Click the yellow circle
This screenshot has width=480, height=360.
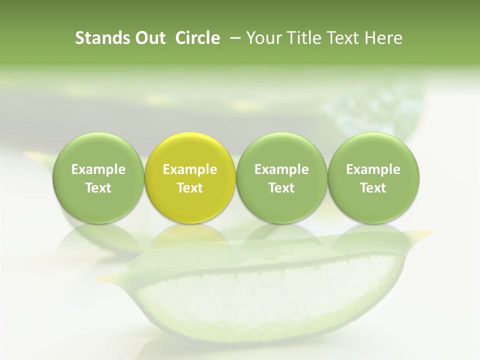coord(190,178)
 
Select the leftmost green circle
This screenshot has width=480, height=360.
coord(98,178)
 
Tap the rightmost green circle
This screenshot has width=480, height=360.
coord(373,178)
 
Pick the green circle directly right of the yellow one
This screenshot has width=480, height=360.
coord(281,178)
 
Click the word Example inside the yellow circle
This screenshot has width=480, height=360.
coord(190,169)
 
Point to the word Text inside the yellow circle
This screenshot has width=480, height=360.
coord(190,188)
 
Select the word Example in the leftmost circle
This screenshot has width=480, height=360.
coord(98,169)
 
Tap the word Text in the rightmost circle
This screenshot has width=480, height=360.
coord(373,188)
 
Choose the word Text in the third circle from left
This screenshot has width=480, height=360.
coord(281,188)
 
